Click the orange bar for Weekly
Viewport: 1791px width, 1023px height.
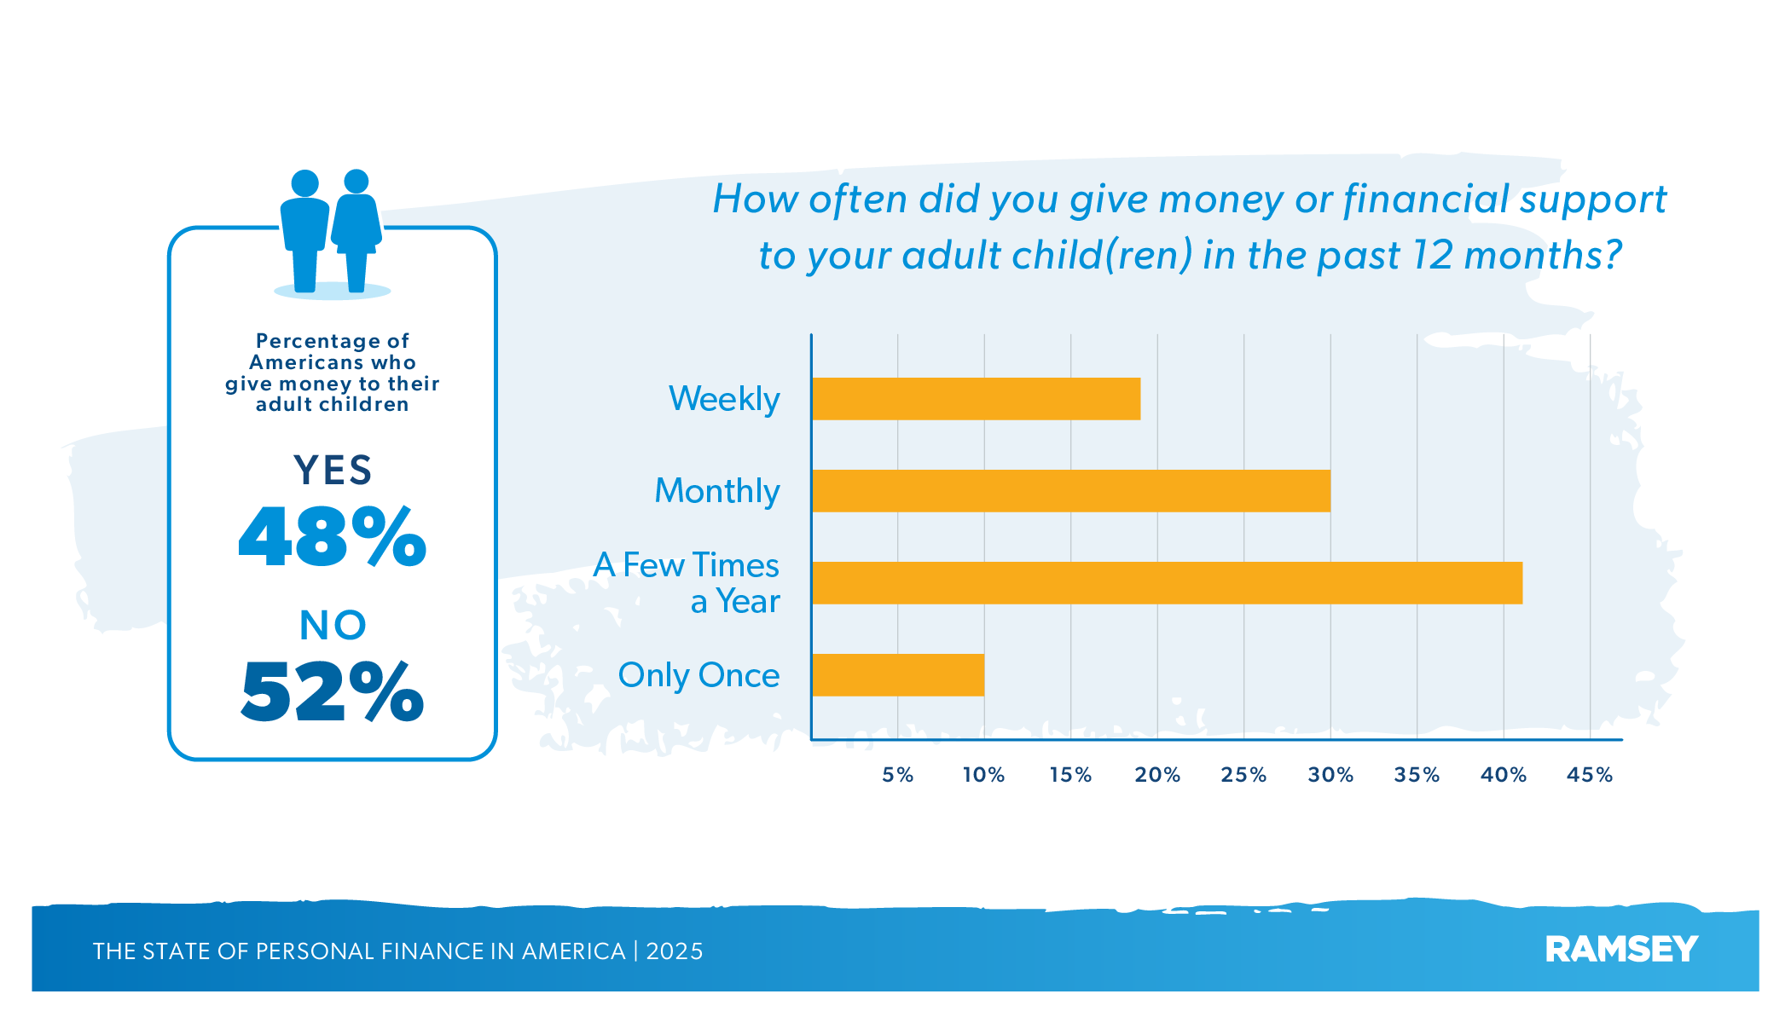[976, 399]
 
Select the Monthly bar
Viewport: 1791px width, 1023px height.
[1070, 491]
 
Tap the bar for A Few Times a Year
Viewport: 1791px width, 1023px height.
[1167, 583]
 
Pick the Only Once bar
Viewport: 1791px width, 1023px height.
[898, 675]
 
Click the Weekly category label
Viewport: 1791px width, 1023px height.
[724, 399]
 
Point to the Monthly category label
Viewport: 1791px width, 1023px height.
[717, 491]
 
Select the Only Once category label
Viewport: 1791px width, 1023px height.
[698, 675]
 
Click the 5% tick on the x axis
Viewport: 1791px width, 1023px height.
[897, 775]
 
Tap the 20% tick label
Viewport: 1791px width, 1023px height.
[1157, 775]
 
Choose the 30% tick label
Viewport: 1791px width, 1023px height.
[1330, 775]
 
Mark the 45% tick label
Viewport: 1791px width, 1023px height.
[1590, 775]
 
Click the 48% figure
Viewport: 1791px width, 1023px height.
[333, 537]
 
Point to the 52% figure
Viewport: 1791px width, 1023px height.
[333, 691]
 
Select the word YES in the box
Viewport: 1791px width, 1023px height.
[333, 470]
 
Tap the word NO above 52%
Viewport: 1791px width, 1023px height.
[333, 626]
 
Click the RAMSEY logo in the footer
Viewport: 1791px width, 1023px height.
[1621, 950]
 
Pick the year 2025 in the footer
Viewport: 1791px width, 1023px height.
[675, 951]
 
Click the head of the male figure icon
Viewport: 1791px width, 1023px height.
[304, 183]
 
